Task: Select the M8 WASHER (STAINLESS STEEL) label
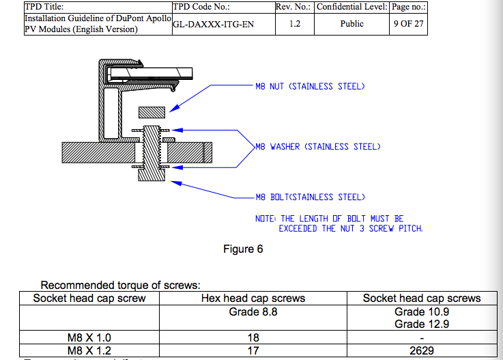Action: [x=317, y=147]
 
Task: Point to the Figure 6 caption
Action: [x=243, y=249]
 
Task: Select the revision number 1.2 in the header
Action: [x=294, y=23]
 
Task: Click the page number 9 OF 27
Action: [x=408, y=23]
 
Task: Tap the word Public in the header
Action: [x=351, y=23]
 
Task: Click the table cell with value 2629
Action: [x=421, y=350]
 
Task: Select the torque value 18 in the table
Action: [x=253, y=337]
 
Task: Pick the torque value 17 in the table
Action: [x=253, y=350]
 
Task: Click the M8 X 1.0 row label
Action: [x=89, y=337]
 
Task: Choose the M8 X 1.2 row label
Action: [x=89, y=350]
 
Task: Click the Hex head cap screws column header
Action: [x=253, y=299]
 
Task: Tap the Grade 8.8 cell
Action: [x=253, y=312]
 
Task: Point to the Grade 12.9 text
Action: [x=421, y=324]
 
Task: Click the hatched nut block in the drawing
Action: [x=152, y=112]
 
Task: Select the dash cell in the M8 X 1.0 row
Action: [x=421, y=337]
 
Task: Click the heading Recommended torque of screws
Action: [x=120, y=286]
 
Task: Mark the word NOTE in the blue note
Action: [x=265, y=219]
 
